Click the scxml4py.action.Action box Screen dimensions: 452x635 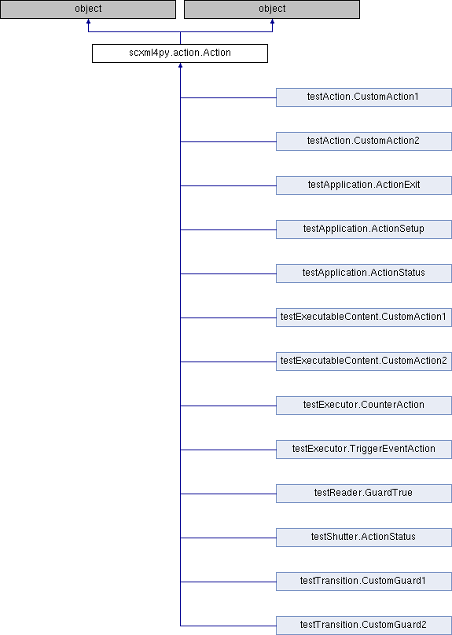pos(180,53)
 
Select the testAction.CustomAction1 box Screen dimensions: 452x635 pos(364,97)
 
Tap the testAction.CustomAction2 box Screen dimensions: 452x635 pos(364,141)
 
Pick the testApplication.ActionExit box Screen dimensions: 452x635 pos(364,185)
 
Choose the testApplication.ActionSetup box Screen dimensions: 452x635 pos(364,229)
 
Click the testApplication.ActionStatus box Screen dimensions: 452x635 pos(364,273)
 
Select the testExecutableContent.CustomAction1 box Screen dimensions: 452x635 pos(364,317)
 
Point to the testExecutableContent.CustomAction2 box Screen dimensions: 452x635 pos(364,362)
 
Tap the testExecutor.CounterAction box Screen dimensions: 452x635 pos(364,406)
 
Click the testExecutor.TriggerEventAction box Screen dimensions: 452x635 pos(364,450)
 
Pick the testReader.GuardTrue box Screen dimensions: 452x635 pos(364,494)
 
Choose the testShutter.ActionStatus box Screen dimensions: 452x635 pos(364,538)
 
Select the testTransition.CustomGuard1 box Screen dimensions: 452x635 pos(364,582)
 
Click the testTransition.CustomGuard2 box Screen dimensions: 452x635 pos(364,626)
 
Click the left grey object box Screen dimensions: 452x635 pos(88,9)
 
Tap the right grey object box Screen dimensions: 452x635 pos(272,9)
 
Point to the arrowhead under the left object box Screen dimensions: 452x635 pos(88,21)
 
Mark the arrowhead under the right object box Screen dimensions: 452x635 pos(272,21)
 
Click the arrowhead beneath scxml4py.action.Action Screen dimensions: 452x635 pos(180,65)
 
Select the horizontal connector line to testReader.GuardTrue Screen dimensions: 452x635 pos(228,494)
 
